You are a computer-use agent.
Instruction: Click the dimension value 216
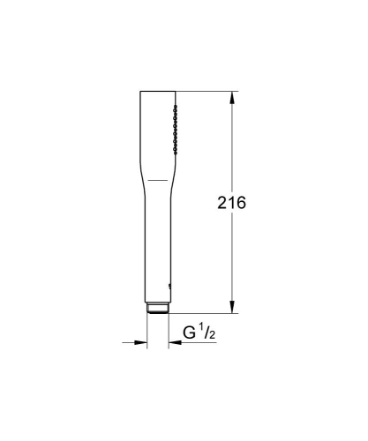tap(231, 203)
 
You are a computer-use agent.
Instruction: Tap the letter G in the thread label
tap(190, 333)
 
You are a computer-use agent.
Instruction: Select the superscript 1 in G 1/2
tap(201, 329)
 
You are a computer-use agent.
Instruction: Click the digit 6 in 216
tap(241, 203)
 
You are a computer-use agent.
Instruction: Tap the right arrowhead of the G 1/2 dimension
tap(171, 343)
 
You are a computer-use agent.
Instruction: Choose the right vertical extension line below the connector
tap(166, 331)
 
